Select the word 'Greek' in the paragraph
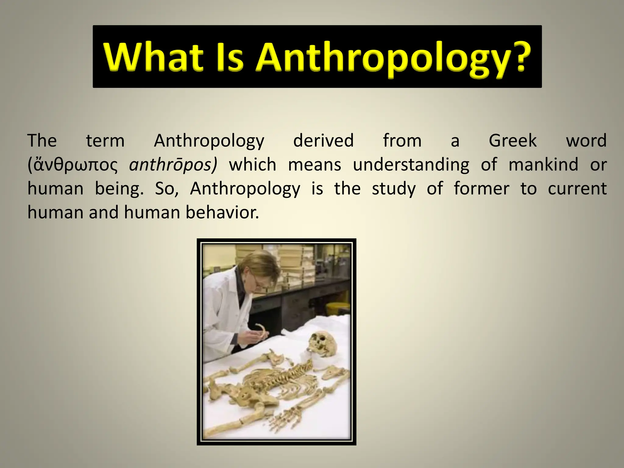pyautogui.click(x=512, y=141)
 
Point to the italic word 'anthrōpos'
pyautogui.click(x=173, y=165)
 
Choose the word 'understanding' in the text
pyautogui.click(x=411, y=165)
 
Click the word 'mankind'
pyautogui.click(x=543, y=165)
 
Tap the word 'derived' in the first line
pyautogui.click(x=323, y=141)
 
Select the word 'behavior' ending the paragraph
pyautogui.click(x=222, y=212)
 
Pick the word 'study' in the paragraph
pyautogui.click(x=394, y=189)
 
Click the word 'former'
pyautogui.click(x=481, y=189)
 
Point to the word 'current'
pyautogui.click(x=577, y=189)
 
